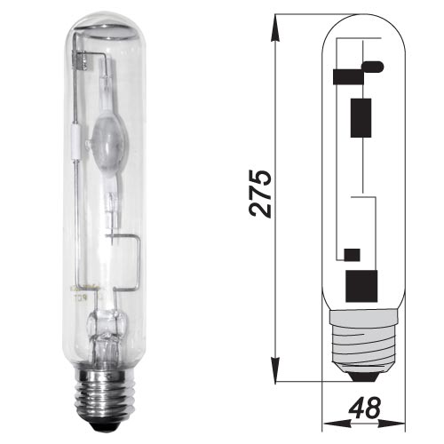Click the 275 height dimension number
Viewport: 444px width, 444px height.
(x=260, y=194)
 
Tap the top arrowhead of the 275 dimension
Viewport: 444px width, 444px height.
(x=275, y=28)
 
